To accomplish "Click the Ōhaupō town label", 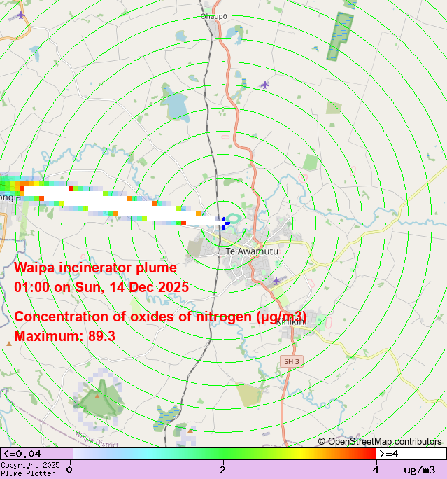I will click(x=213, y=16).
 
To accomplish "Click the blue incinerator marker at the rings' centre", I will click(x=225, y=222).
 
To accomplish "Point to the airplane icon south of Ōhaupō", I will click(x=264, y=85).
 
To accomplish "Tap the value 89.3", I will click(x=102, y=336).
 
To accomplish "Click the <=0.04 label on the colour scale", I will click(x=22, y=454).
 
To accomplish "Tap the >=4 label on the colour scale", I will click(x=389, y=454).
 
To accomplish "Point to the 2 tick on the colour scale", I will click(x=222, y=469).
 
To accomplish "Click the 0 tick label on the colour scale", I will click(x=69, y=469).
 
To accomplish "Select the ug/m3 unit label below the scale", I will click(x=420, y=470).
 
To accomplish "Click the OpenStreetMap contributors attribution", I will click(x=380, y=441).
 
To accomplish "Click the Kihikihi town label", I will click(x=290, y=321).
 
